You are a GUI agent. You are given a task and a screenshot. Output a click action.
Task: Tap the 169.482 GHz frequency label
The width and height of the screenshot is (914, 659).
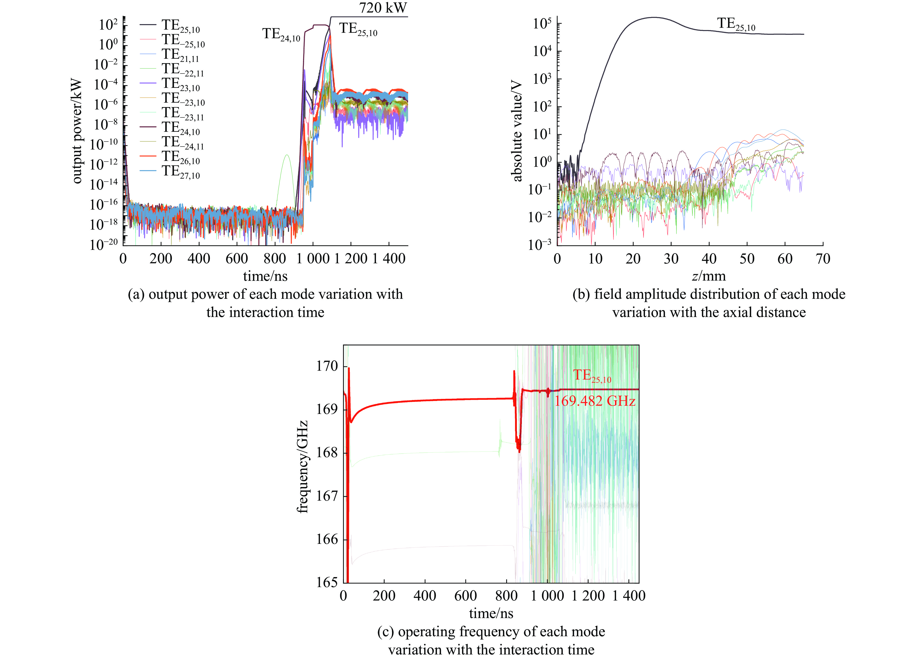(x=594, y=401)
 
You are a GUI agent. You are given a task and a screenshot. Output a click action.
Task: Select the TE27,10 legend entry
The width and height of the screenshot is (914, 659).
(x=180, y=172)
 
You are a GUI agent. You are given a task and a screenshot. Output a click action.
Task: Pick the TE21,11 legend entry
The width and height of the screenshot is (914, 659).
(x=180, y=55)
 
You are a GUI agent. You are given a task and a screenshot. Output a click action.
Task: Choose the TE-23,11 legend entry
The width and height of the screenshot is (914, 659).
(x=183, y=113)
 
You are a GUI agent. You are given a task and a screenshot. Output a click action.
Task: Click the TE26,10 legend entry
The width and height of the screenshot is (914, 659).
(x=180, y=157)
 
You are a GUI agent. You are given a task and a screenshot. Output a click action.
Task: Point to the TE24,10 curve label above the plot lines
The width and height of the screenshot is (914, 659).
(x=281, y=35)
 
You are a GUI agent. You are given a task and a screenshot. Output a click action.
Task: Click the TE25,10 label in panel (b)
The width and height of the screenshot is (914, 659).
(x=736, y=24)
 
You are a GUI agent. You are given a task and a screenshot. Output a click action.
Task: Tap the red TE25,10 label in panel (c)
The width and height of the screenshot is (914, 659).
(x=592, y=376)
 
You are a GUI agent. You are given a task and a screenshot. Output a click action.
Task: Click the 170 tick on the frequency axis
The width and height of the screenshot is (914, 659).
(x=327, y=366)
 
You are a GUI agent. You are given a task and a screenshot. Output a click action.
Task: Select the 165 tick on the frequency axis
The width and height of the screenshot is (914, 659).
(x=327, y=582)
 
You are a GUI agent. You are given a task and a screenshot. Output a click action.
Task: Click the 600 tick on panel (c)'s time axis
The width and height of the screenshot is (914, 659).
(x=465, y=596)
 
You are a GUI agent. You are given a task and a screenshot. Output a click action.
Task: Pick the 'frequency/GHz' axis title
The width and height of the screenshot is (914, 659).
(x=302, y=467)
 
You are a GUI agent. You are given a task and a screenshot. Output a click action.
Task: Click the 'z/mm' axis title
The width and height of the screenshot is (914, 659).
(x=708, y=276)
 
